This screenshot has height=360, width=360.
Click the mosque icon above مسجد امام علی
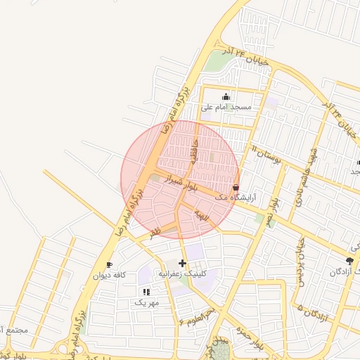tap(226, 97)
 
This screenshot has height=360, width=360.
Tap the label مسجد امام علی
tap(226, 107)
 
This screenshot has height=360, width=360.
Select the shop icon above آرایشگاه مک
tap(235, 188)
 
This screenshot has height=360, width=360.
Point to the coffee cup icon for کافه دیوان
tap(109, 265)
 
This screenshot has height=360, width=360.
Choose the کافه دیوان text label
tap(109, 276)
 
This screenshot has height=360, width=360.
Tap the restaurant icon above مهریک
tap(146, 292)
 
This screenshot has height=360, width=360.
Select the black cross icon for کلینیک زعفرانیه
tap(183, 263)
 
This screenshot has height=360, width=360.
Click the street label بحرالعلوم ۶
tap(196, 316)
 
